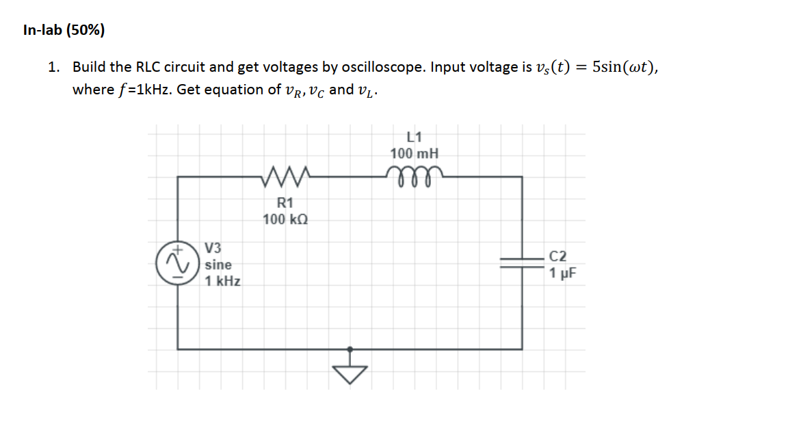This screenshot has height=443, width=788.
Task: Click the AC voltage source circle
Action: [x=176, y=264]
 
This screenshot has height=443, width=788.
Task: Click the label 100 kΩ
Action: [x=285, y=219]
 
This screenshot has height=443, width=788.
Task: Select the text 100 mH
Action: [x=415, y=152]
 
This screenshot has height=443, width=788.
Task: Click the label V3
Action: [x=213, y=247]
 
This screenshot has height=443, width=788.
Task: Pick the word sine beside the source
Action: [x=218, y=265]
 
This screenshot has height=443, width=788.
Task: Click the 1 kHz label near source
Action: [x=223, y=281]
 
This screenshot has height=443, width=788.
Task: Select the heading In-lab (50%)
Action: [x=64, y=30]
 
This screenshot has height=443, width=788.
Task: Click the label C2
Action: [x=558, y=256]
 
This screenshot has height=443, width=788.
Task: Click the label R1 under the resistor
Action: [x=285, y=202]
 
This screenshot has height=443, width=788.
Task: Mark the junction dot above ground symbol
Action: [x=350, y=348]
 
